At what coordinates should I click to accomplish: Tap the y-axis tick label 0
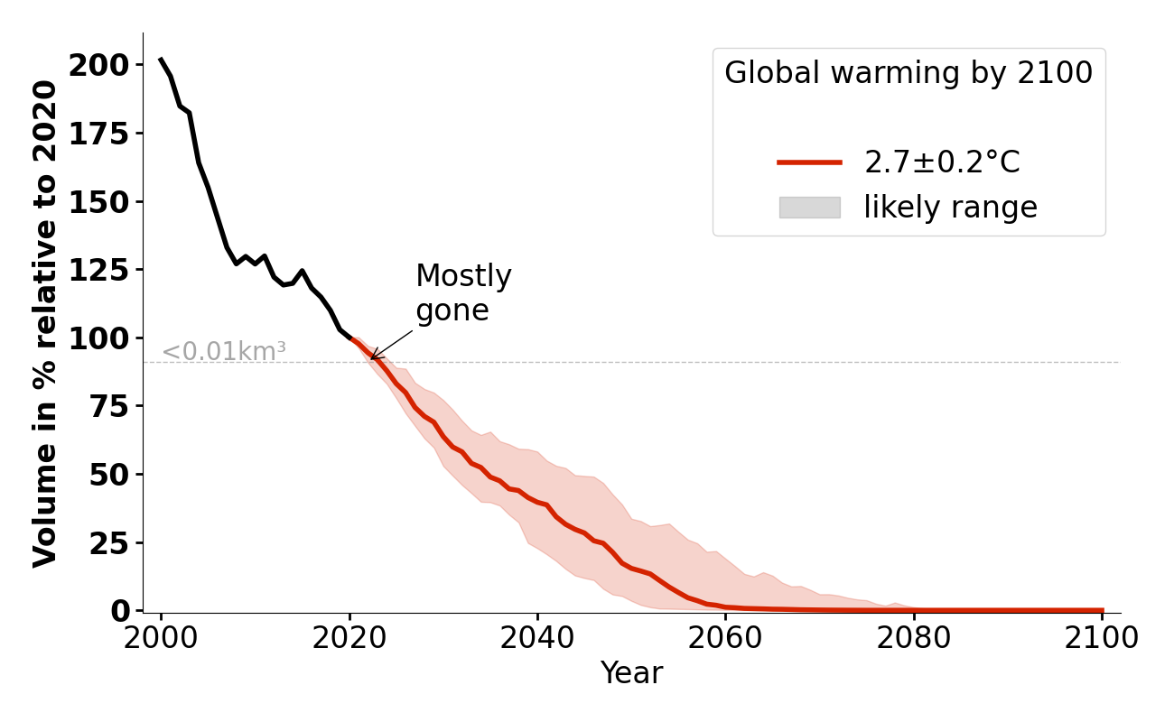[122, 611]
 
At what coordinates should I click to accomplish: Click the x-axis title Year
[631, 673]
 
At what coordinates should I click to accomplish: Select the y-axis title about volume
[45, 323]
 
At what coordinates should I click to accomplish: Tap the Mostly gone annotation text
[463, 293]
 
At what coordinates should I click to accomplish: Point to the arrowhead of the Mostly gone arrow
[371, 360]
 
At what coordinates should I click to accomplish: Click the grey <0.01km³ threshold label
[224, 352]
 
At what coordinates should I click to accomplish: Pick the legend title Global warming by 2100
[908, 73]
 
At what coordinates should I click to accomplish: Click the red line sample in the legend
[809, 162]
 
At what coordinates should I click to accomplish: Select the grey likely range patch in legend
[809, 208]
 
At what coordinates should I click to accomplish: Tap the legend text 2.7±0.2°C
[942, 162]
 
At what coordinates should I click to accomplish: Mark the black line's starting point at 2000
[161, 60]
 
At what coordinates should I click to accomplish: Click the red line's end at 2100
[1102, 611]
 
